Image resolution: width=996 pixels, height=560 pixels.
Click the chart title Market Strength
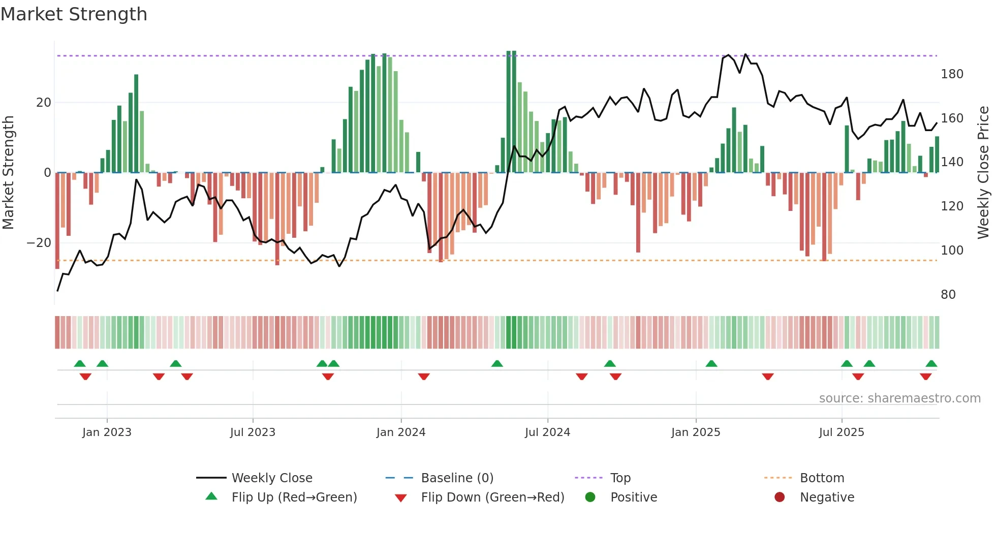tap(74, 14)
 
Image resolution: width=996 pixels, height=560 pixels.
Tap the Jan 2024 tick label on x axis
tap(400, 432)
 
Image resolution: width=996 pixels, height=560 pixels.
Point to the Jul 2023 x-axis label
tap(253, 432)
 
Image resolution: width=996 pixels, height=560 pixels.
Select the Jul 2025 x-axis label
tap(841, 432)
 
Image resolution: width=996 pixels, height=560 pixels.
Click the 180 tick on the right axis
tap(952, 74)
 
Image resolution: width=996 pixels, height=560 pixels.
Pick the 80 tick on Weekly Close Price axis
tap(948, 295)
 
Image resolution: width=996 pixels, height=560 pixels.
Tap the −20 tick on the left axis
tap(39, 243)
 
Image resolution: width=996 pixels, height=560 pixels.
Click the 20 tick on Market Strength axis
tap(44, 103)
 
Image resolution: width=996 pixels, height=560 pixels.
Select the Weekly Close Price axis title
tap(983, 173)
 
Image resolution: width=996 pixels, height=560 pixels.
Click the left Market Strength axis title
tap(9, 173)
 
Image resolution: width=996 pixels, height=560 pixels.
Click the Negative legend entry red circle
tap(780, 497)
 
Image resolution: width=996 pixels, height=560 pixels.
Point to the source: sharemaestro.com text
tap(899, 398)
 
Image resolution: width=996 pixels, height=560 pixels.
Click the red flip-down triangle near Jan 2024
tap(424, 377)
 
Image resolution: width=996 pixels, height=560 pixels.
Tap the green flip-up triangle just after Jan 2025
tap(711, 364)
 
